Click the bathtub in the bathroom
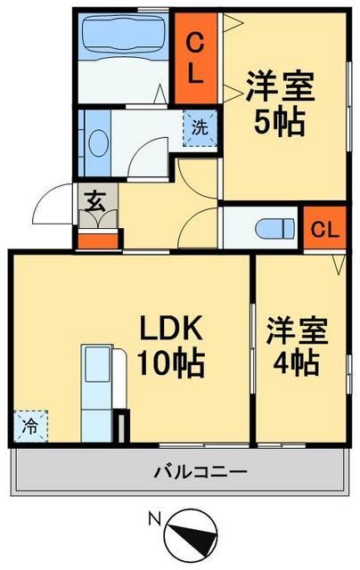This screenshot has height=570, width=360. click(x=121, y=36)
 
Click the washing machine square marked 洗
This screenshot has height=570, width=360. click(x=200, y=126)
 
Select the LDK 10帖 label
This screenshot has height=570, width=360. click(x=172, y=346)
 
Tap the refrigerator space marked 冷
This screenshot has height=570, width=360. click(x=29, y=426)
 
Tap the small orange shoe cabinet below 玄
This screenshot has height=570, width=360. click(x=97, y=239)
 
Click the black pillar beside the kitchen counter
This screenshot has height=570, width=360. click(x=121, y=426)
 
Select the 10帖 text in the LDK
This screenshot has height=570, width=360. click(x=172, y=362)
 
